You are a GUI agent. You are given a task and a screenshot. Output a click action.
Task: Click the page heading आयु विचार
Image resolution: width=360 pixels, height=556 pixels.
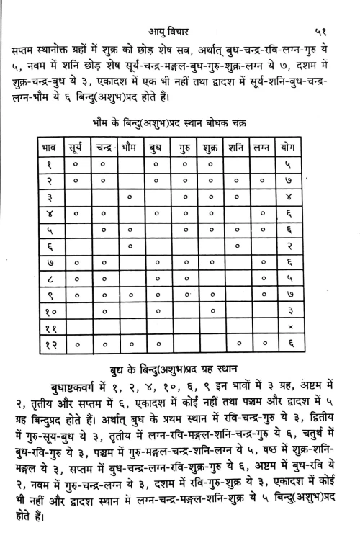tap(177, 12)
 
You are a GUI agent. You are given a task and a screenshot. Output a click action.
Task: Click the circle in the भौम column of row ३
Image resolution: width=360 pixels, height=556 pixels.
tap(129, 196)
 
